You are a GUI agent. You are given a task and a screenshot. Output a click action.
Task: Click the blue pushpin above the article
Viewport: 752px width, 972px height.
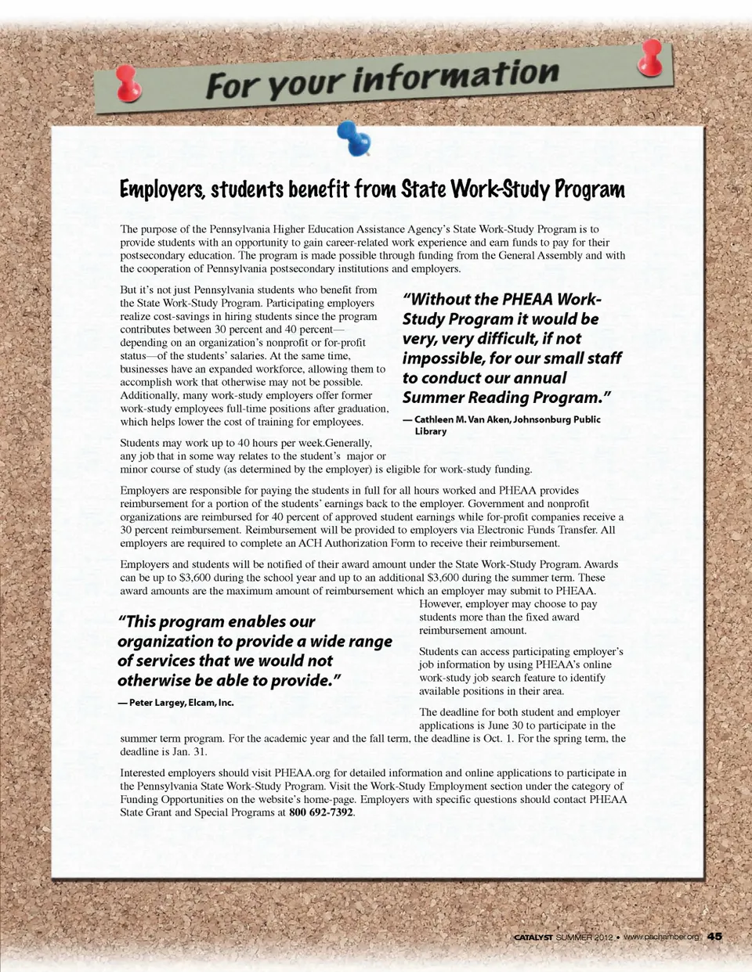click(354, 138)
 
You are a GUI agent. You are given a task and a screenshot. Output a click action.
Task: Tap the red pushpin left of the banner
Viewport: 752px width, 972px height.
click(126, 84)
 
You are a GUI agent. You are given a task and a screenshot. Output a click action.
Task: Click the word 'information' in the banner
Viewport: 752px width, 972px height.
click(455, 76)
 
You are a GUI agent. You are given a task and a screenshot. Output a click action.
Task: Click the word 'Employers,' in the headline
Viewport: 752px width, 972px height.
click(162, 190)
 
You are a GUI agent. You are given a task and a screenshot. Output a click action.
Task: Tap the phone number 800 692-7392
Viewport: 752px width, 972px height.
click(321, 812)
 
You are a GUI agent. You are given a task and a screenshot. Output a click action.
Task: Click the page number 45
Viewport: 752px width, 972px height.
click(714, 937)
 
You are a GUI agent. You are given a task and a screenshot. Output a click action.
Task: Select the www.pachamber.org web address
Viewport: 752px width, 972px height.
click(661, 938)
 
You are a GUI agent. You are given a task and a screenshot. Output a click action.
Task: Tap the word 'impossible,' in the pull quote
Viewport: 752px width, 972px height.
click(438, 358)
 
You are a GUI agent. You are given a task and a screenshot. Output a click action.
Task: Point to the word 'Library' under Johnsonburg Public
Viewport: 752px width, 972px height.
click(431, 431)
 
